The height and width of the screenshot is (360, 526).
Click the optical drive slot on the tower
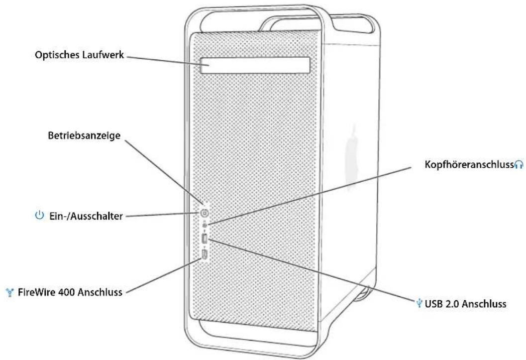255,65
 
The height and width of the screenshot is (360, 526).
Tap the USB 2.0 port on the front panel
205,240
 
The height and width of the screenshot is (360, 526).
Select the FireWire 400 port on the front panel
205,255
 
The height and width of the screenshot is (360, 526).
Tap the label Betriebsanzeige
84,136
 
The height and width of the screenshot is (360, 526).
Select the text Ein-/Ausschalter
86,216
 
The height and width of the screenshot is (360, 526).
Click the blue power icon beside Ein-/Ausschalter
40,215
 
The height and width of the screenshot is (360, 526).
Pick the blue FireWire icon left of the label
10,293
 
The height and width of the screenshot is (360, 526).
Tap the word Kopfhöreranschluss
469,165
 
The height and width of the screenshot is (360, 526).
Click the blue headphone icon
519,164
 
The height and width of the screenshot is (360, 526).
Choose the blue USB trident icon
419,303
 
